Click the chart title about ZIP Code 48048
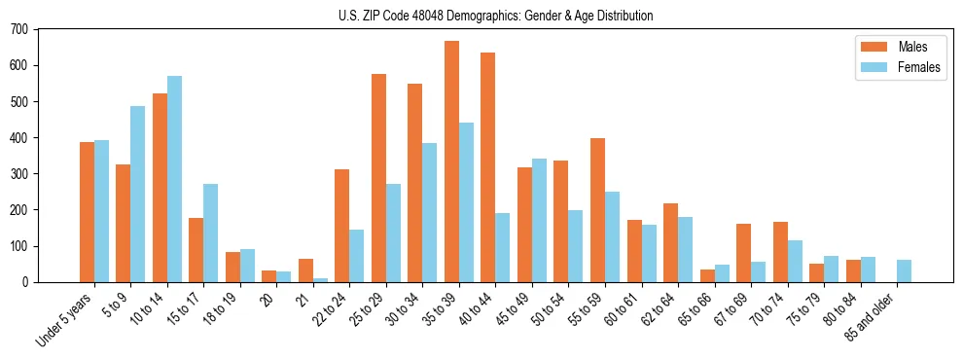481,16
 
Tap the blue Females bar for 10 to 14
174,179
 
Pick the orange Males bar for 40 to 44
488,167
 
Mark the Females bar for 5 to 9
138,194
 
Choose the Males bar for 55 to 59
597,210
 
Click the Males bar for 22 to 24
342,226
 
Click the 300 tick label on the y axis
19,174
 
